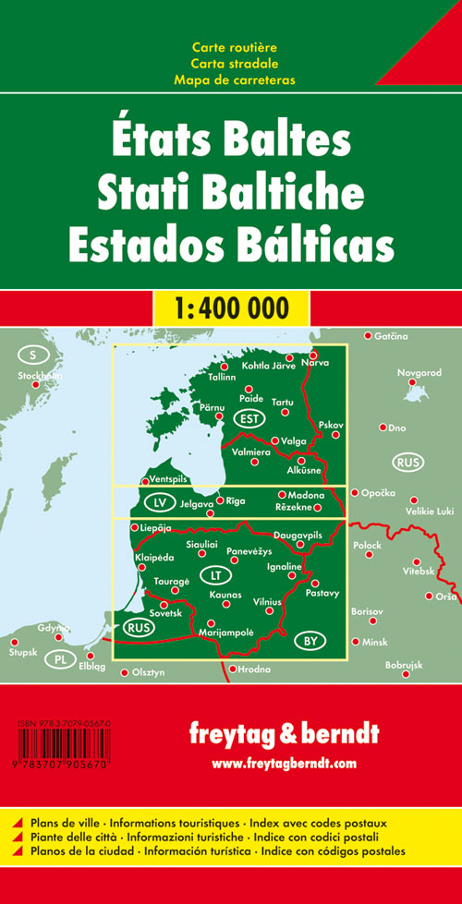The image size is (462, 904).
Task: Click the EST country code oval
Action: pyautogui.click(x=247, y=419)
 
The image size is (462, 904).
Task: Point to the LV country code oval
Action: pyautogui.click(x=161, y=504)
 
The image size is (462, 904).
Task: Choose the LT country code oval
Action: pyautogui.click(x=216, y=574)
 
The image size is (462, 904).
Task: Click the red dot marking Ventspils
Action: pyautogui.click(x=144, y=481)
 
